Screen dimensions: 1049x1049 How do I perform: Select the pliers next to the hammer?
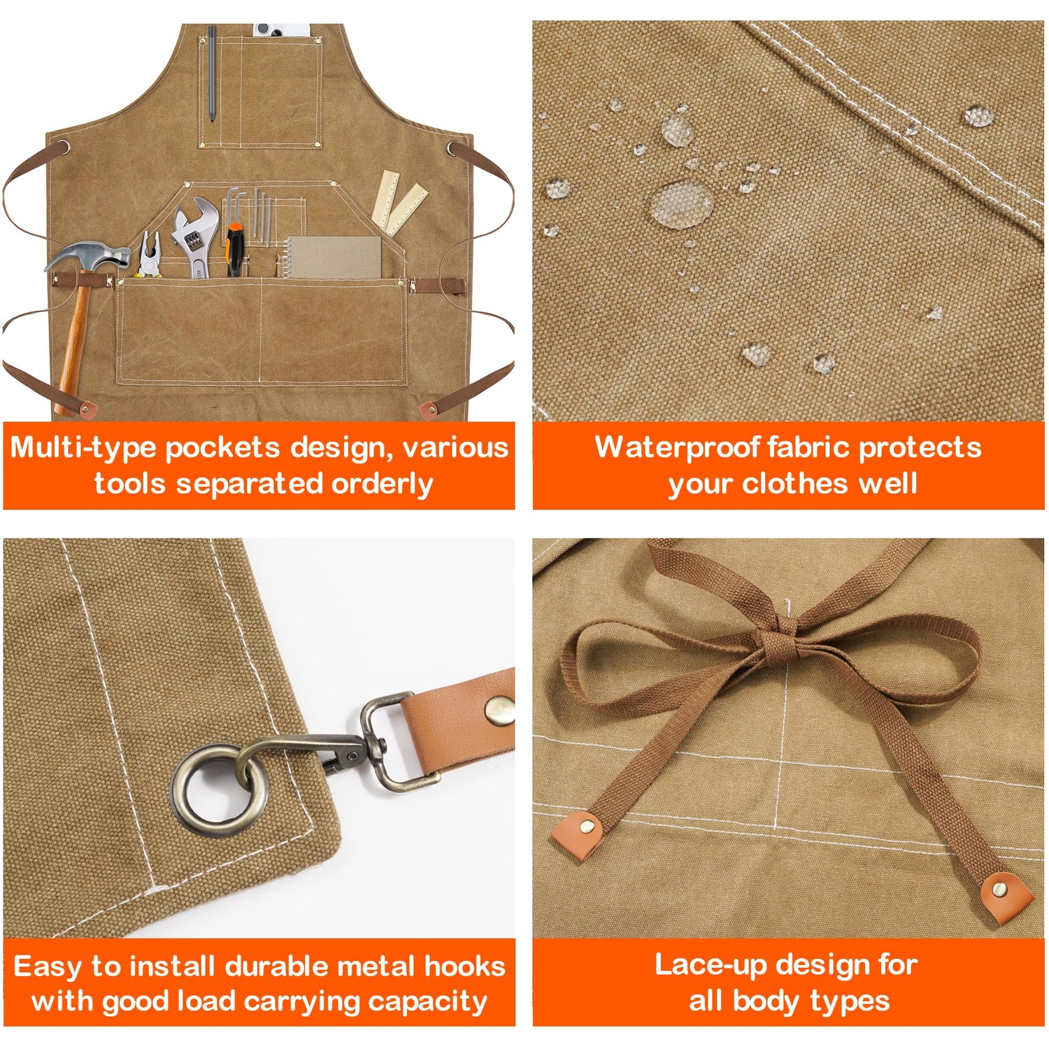click(x=149, y=256)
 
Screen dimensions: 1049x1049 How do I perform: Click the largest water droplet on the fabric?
click(x=682, y=203)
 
